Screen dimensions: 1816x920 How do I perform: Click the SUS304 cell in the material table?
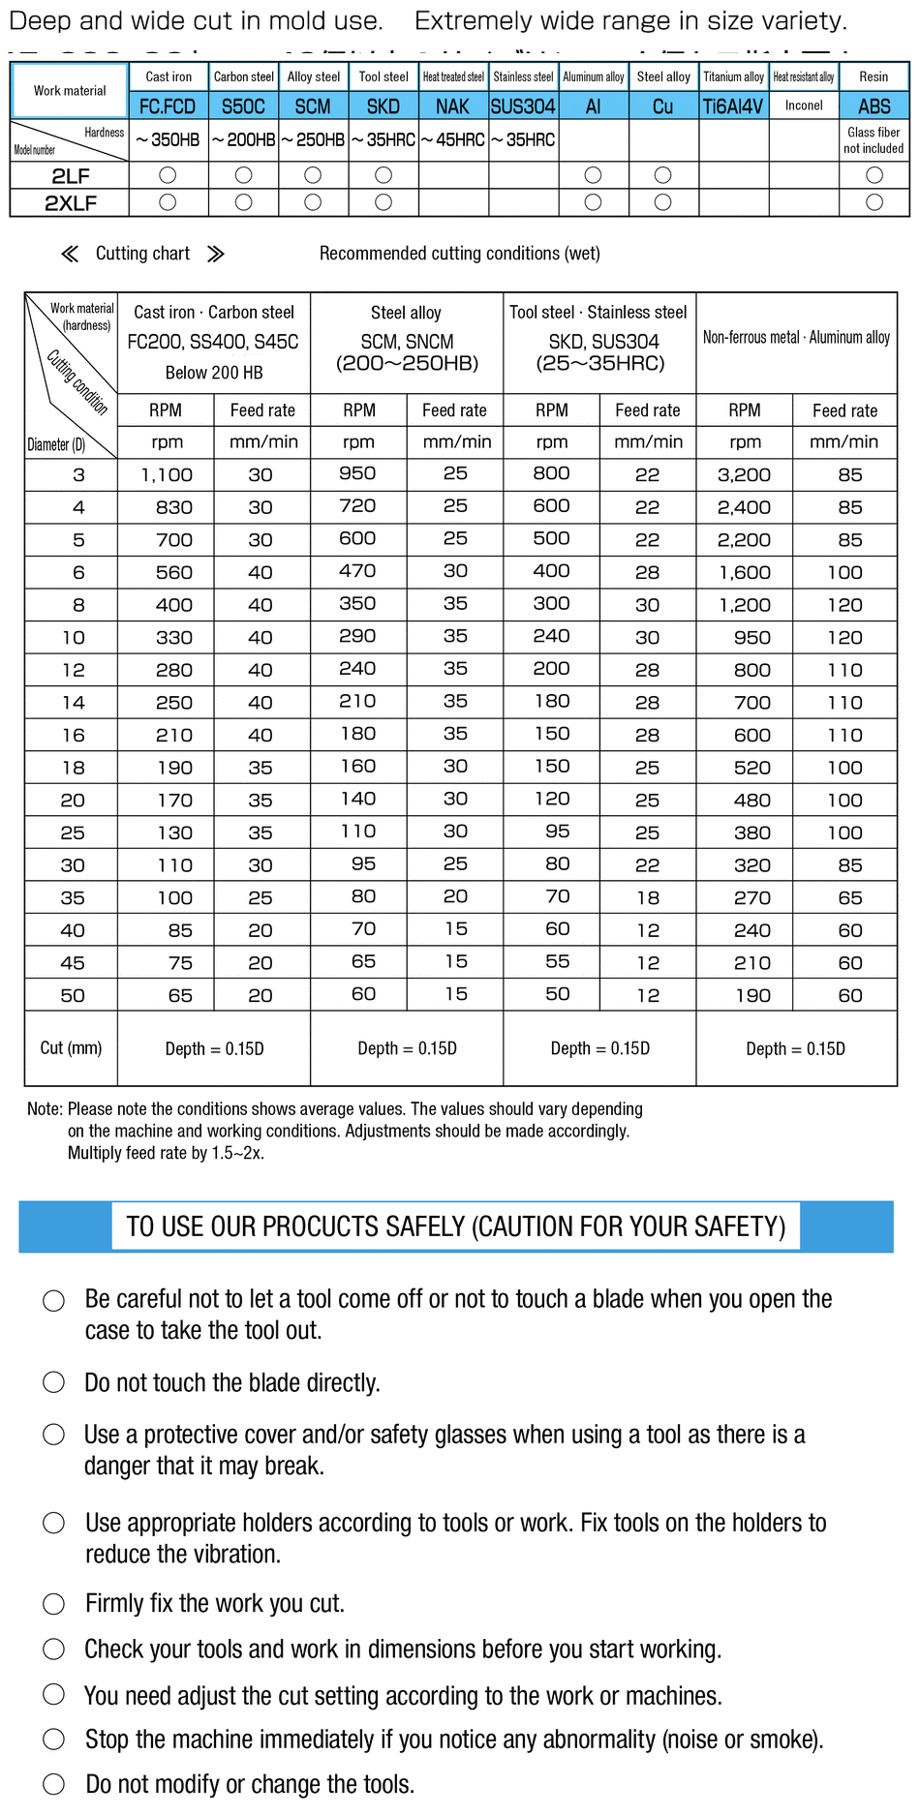[x=523, y=106]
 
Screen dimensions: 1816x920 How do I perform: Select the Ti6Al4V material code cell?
[x=733, y=106]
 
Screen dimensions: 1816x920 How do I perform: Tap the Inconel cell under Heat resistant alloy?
[x=804, y=106]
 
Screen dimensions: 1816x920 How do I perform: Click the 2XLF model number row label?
[x=71, y=203]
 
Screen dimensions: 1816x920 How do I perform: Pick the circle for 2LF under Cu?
[x=662, y=175]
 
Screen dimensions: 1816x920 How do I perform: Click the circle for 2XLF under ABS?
[x=874, y=202]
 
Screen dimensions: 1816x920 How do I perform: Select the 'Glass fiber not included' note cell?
[x=874, y=140]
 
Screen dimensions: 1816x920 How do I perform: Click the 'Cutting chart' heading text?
[x=142, y=254]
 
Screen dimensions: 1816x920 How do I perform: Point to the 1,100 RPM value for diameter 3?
[x=167, y=475]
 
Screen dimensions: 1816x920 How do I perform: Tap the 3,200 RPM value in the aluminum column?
[x=744, y=475]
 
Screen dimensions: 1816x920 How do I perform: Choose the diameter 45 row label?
[x=73, y=963]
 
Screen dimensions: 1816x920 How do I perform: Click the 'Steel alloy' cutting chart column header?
[x=406, y=313]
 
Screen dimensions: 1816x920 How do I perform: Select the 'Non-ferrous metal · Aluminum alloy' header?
[x=796, y=338]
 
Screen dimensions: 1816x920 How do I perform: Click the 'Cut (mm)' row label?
[x=71, y=1048]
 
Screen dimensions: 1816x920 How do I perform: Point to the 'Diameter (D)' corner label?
[x=56, y=445]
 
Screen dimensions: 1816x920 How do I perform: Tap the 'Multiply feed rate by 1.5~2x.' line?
[x=166, y=1153]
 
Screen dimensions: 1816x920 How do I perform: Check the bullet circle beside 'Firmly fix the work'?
[x=54, y=1604]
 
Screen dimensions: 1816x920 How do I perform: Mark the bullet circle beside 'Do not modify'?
[x=54, y=1784]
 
